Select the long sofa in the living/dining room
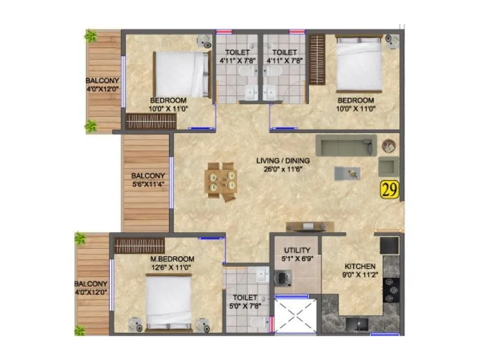tap(346, 145)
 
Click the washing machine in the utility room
tap(283, 278)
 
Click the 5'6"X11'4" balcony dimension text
tap(146, 185)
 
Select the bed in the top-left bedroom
tap(181, 74)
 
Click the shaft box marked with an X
tap(295, 315)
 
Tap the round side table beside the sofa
tap(389, 145)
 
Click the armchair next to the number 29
tap(387, 166)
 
